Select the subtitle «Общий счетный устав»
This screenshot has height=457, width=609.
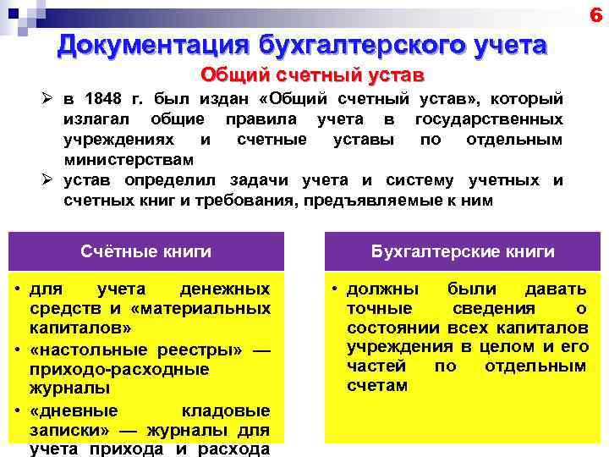click(311, 75)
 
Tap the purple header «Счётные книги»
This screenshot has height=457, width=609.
click(146, 251)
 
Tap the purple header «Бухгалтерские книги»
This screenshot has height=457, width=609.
click(463, 251)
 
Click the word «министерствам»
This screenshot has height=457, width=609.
click(129, 159)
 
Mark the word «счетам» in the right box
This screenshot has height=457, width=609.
click(377, 386)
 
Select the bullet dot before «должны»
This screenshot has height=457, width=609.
click(335, 289)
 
